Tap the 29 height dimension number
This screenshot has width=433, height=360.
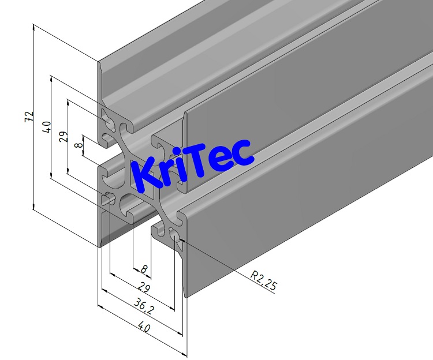(x=63, y=137)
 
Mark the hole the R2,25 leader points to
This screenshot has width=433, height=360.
(x=174, y=233)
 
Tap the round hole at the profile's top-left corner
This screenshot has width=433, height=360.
(x=108, y=119)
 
